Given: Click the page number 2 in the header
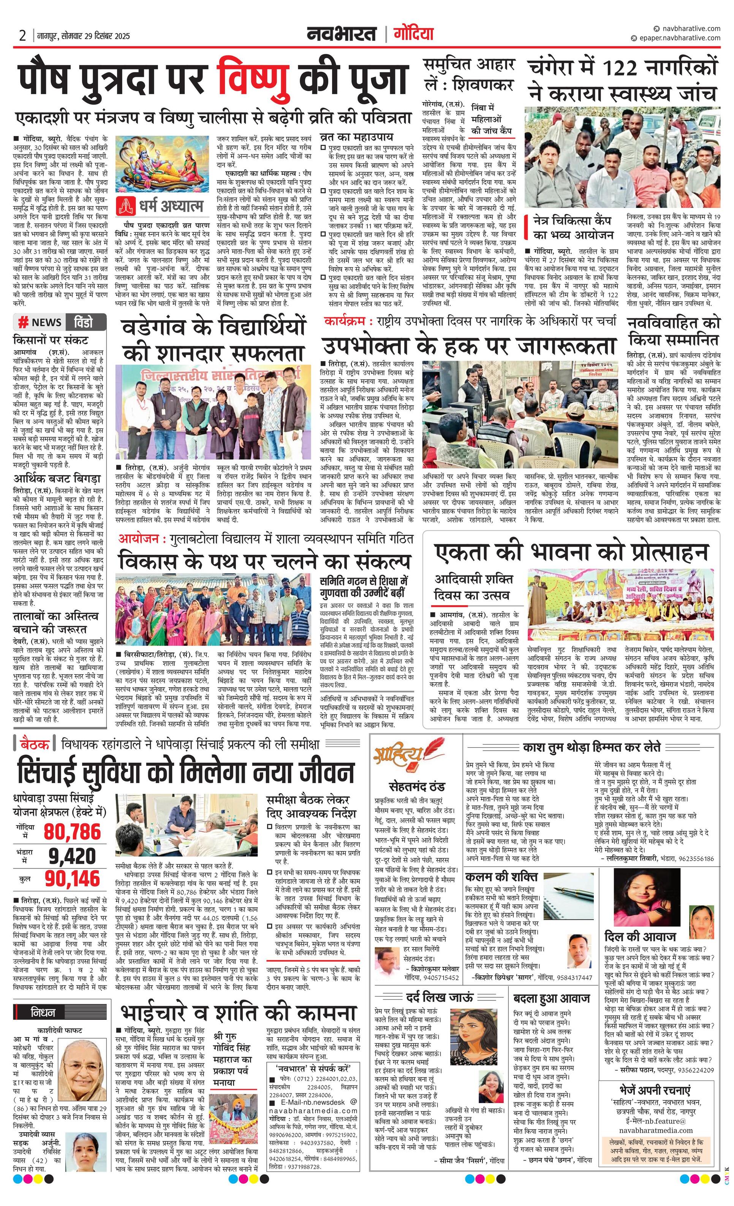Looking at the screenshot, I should click(22, 36).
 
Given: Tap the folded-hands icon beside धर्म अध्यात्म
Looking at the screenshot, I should click(126, 206).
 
